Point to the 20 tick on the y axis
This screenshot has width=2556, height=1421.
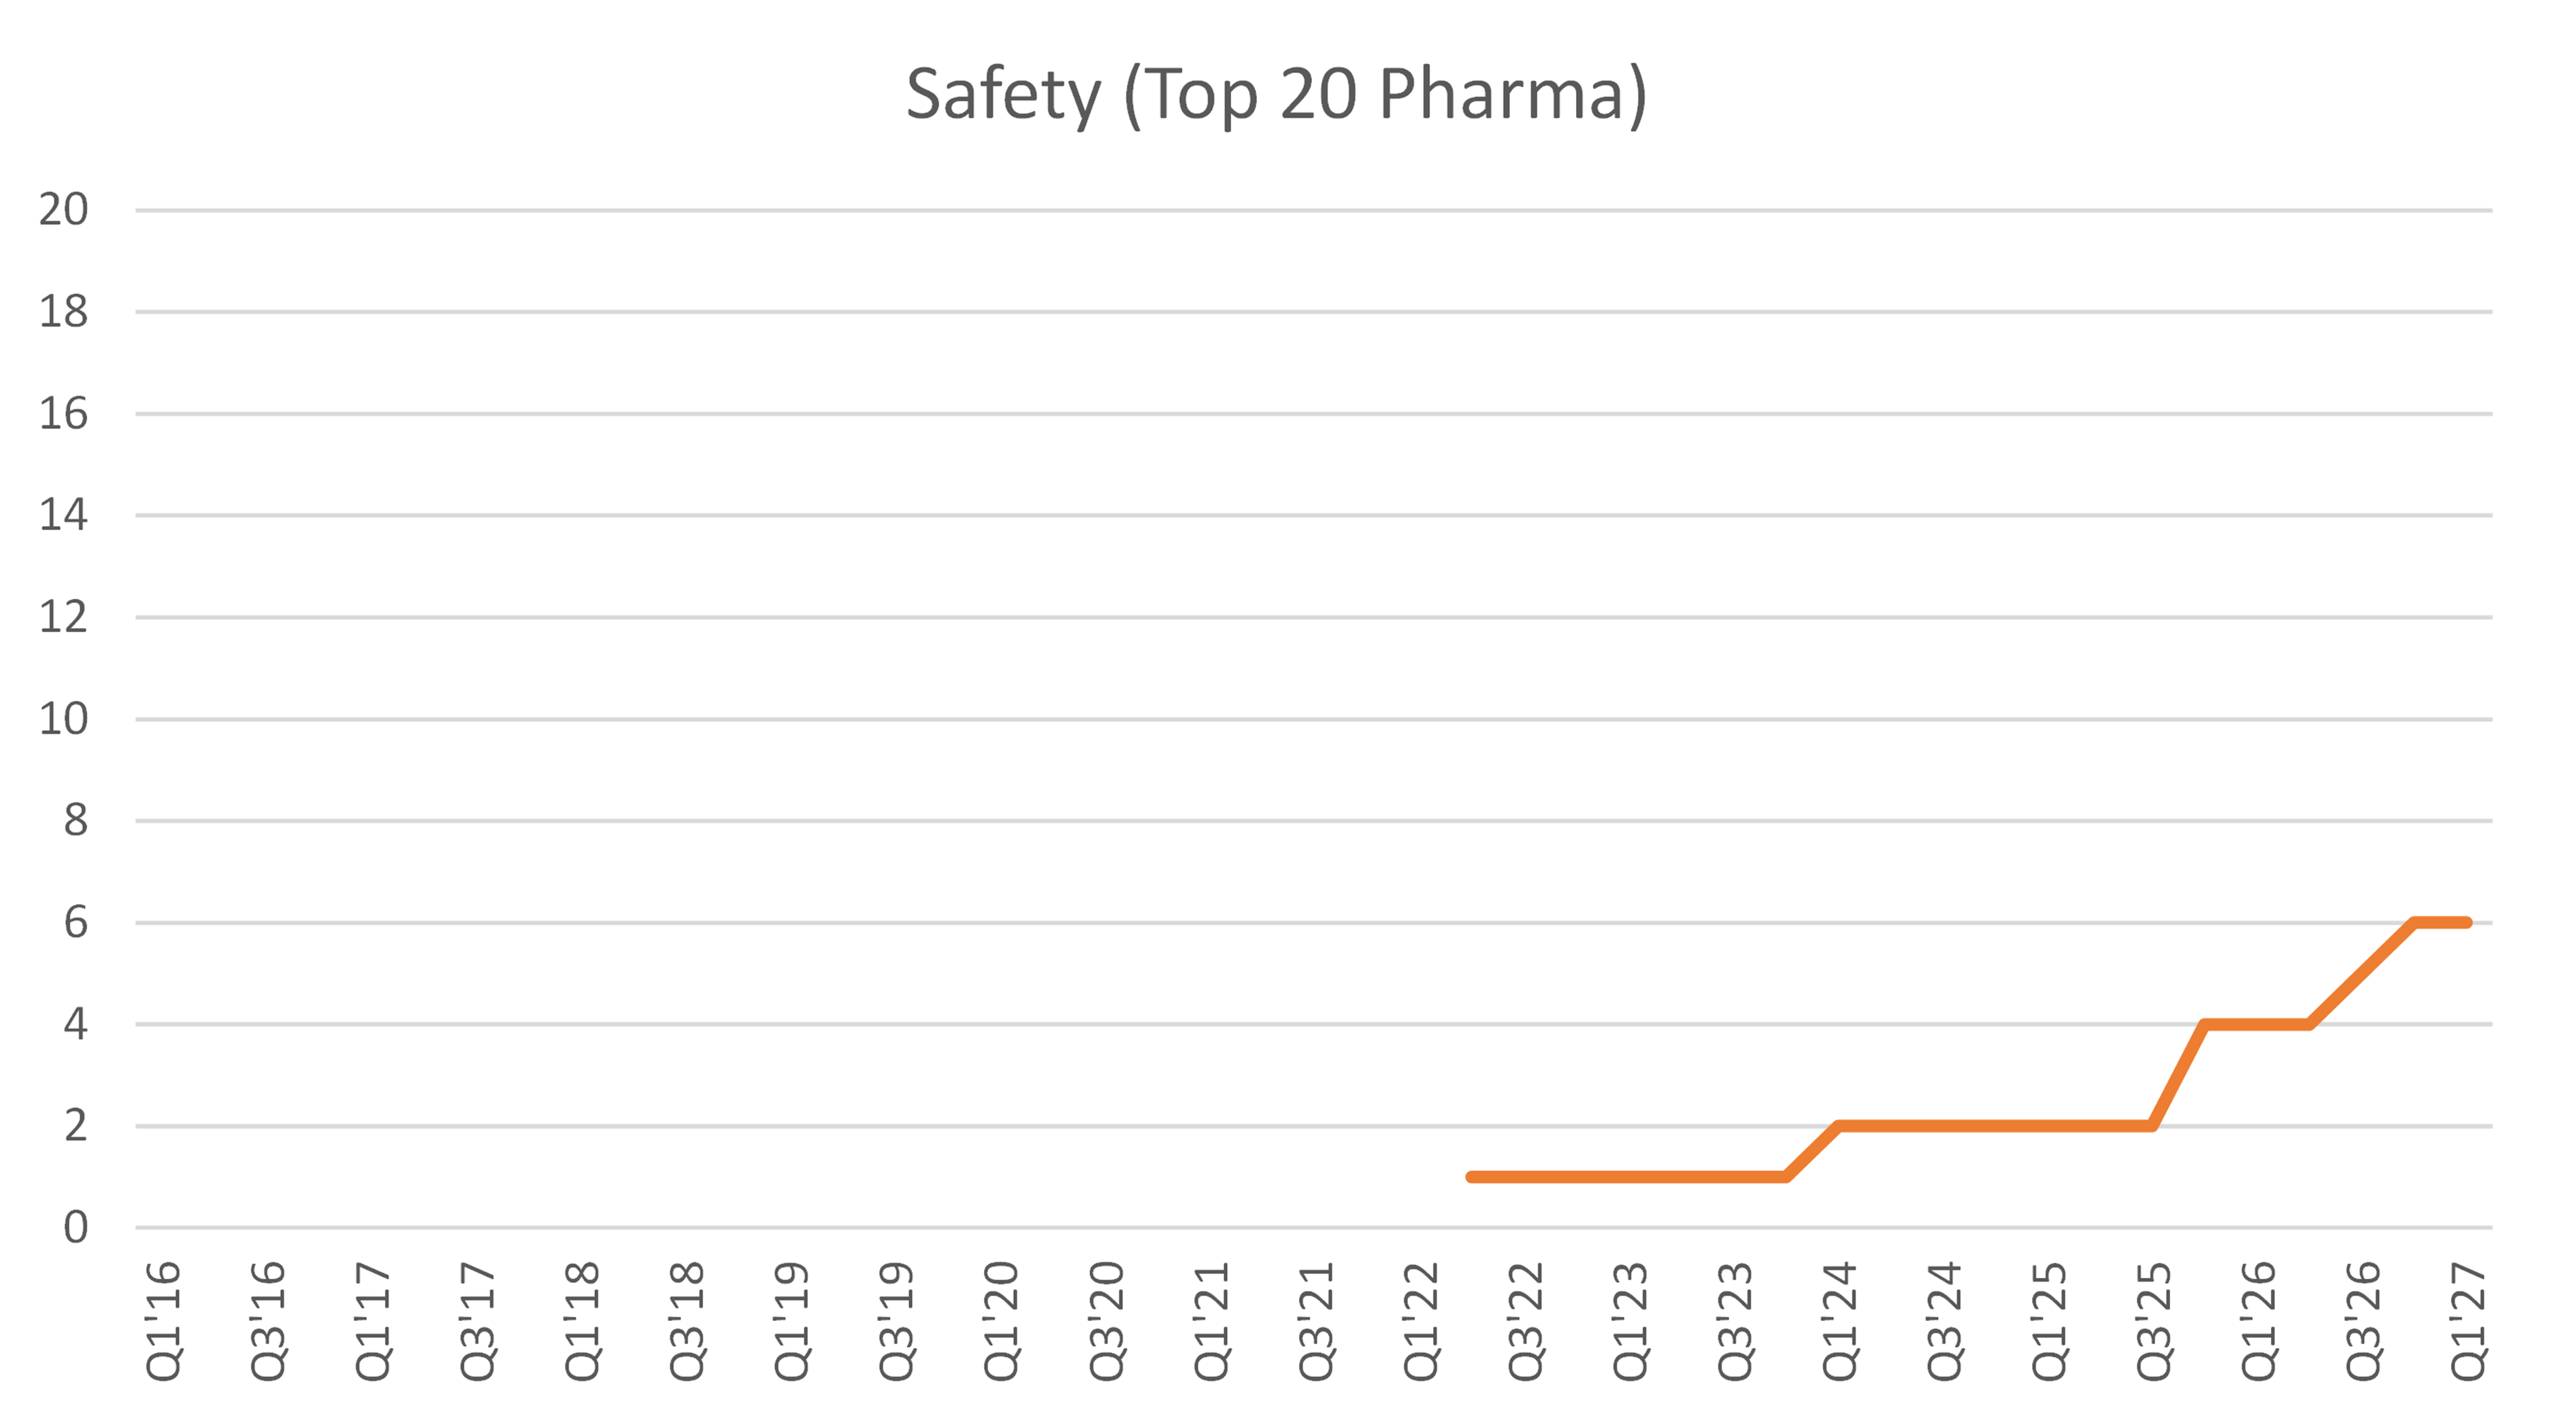(63, 210)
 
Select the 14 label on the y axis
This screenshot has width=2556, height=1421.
(63, 515)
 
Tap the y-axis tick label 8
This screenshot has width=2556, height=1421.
(76, 821)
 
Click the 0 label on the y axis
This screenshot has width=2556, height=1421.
(76, 1228)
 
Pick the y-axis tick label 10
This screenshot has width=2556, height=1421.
(63, 719)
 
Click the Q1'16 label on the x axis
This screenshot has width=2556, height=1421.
(163, 1321)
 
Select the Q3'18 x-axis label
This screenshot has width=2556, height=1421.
(687, 1321)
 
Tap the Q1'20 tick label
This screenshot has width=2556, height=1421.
(1001, 1321)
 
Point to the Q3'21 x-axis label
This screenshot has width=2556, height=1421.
(1315, 1321)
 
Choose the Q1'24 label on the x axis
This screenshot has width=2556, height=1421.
(1839, 1321)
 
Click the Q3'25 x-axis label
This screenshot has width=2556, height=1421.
(2154, 1321)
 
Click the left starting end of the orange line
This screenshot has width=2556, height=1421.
(1471, 1177)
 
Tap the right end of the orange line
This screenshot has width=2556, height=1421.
(2467, 923)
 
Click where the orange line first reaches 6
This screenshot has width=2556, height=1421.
(2414, 923)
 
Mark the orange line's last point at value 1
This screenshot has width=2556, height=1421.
(1786, 1177)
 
